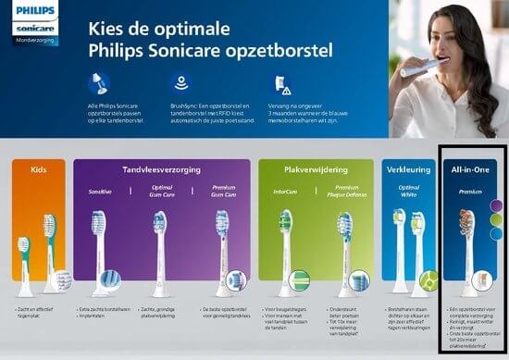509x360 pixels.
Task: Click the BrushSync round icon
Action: [x=180, y=82]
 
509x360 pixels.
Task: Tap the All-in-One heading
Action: [x=470, y=171]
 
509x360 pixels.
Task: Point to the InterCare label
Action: [x=285, y=190]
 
